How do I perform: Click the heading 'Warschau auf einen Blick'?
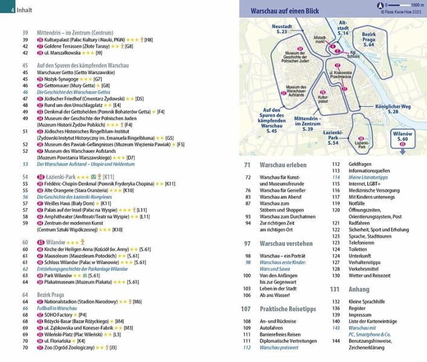[286, 11]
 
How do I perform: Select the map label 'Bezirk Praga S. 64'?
[368, 40]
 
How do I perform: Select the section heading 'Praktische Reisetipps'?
[287, 308]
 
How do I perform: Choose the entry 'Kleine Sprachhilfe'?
[368, 300]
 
